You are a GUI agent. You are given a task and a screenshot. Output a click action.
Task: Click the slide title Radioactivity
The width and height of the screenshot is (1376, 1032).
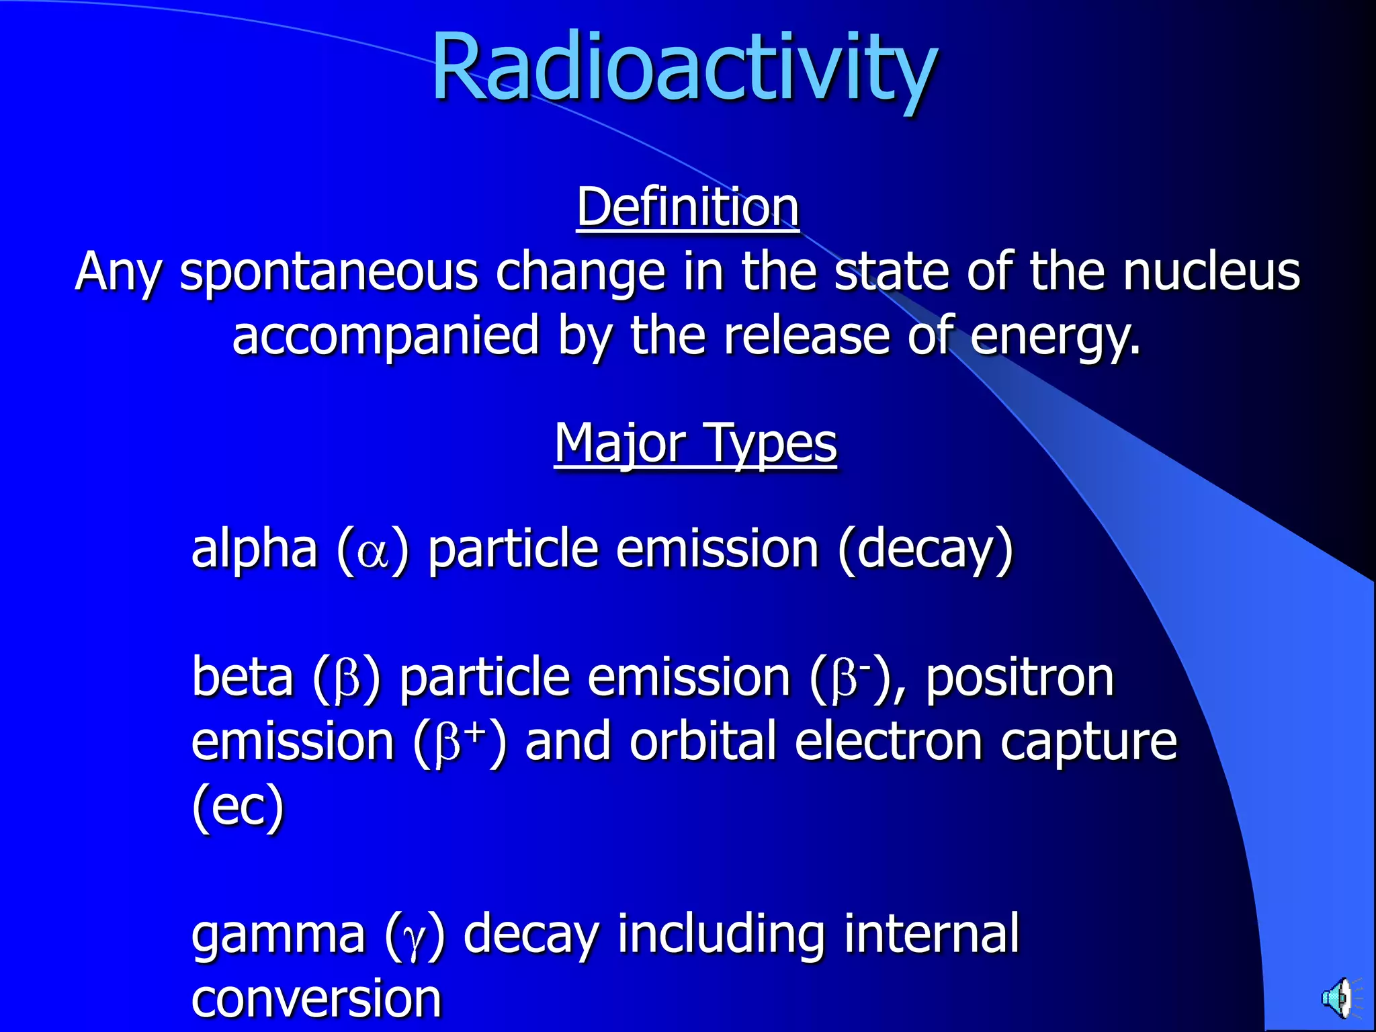tap(684, 67)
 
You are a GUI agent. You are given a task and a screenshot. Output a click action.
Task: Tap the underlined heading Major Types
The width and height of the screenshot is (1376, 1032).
tap(695, 443)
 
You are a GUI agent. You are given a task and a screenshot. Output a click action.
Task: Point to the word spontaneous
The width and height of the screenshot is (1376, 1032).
tap(329, 272)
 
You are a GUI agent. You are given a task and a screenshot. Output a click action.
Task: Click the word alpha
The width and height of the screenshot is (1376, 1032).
tap(254, 550)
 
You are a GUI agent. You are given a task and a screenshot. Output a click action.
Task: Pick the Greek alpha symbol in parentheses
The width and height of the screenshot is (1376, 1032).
tap(373, 552)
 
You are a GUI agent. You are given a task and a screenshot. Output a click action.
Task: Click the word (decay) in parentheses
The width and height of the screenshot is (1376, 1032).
tap(925, 550)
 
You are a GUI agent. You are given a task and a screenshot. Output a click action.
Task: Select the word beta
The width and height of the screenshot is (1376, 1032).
tap(243, 677)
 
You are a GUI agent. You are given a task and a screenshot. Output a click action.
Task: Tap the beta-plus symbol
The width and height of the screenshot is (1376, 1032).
tap(459, 742)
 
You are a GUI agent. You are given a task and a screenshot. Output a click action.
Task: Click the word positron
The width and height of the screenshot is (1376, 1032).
tap(1020, 677)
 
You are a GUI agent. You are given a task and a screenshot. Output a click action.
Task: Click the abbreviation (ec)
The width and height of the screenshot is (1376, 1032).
tap(238, 806)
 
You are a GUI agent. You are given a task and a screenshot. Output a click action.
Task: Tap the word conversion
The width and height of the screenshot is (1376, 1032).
tap(316, 998)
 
